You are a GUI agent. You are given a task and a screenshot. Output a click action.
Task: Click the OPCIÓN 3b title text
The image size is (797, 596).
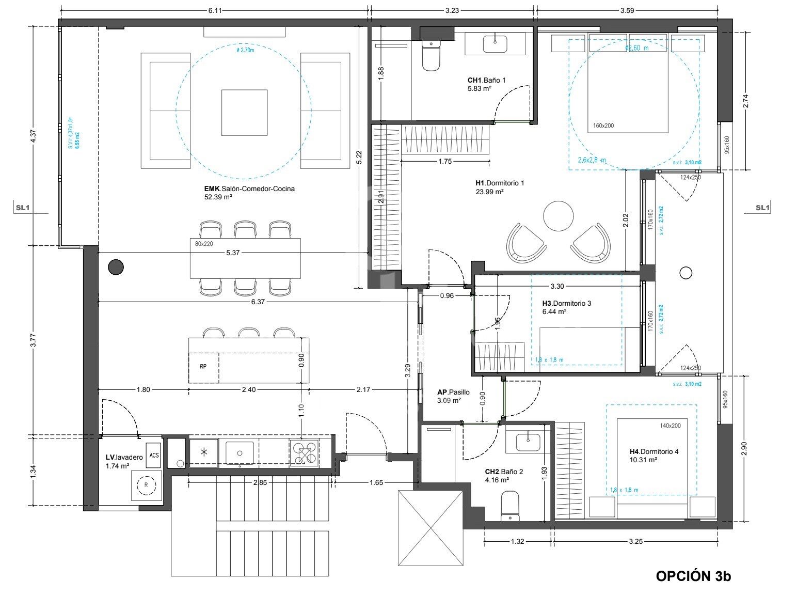pyautogui.click(x=693, y=576)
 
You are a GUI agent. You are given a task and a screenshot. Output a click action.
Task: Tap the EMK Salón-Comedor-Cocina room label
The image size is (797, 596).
pyautogui.click(x=249, y=192)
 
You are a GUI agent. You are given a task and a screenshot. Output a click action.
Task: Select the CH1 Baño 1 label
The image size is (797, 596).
pyautogui.click(x=486, y=84)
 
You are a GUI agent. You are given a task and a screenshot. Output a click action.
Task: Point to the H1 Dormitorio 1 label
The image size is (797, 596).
pyautogui.click(x=500, y=187)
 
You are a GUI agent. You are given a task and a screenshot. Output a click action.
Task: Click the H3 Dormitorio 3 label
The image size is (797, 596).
pyautogui.click(x=566, y=307)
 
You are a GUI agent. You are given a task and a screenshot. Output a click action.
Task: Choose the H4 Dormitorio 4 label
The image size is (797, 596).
pyautogui.click(x=653, y=455)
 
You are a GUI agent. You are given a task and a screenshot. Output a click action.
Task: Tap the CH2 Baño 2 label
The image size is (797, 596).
pyautogui.click(x=504, y=475)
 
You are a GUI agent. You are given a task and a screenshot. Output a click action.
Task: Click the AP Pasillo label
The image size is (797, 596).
pyautogui.click(x=453, y=396)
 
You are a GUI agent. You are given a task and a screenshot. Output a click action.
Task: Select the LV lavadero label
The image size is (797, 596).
pyautogui.click(x=124, y=461)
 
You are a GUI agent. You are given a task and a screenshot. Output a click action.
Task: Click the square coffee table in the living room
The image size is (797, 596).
pyautogui.click(x=245, y=112)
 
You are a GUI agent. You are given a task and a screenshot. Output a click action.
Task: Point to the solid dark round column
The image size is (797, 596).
pyautogui.click(x=116, y=267)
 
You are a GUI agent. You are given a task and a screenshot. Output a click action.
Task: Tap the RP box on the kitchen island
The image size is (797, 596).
pyautogui.click(x=203, y=367)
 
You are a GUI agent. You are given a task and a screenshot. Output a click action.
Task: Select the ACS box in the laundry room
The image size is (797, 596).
pyautogui.click(x=154, y=455)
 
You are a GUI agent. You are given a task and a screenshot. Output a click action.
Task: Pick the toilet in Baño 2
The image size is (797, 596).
pyautogui.click(x=510, y=506)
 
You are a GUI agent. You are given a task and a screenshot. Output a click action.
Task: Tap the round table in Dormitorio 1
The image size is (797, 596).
pyautogui.click(x=558, y=216)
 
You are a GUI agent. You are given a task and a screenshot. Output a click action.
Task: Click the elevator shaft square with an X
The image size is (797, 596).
pyautogui.click(x=431, y=528)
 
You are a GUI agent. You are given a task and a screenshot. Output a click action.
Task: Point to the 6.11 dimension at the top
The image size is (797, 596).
pyautogui.click(x=215, y=10)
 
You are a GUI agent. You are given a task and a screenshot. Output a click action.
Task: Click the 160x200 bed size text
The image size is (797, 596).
pyautogui.click(x=603, y=126)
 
